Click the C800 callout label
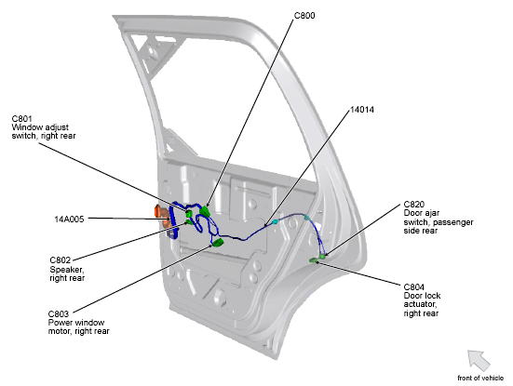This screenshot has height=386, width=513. point(304,16)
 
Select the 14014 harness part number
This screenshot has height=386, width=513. point(362,110)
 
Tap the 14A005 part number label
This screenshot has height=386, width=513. point(69,219)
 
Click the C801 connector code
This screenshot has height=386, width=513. point(22,119)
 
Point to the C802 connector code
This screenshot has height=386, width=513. point(61,260)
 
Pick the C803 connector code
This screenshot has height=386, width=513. point(59,314)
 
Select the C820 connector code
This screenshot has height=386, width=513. point(414,205)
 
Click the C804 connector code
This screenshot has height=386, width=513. point(414,287)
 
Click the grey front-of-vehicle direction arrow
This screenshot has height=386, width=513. point(479,361)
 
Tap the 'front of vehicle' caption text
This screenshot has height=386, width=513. point(480,379)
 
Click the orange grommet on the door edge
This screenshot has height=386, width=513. point(162,217)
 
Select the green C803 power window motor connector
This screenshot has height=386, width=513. point(218,243)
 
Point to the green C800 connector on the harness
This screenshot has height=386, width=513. point(205,211)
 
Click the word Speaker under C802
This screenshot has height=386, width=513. point(67,270)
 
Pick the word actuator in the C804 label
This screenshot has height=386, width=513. point(421,304)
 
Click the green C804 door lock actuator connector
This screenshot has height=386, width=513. point(314,260)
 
